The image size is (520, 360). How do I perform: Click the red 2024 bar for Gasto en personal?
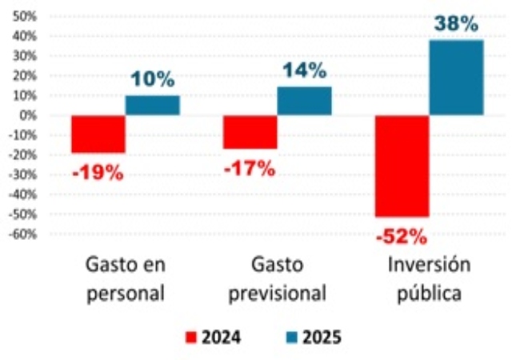pos(98,134)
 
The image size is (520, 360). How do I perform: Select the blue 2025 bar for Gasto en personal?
pos(152,105)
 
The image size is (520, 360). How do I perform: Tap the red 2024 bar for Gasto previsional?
pos(250,132)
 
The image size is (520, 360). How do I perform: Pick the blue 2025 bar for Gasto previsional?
pos(304,101)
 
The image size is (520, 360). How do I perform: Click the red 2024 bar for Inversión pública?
pos(402,166)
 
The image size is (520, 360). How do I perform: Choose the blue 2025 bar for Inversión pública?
pos(456,77)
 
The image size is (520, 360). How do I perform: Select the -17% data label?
pos(250,168)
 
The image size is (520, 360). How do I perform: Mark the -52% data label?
pos(404,236)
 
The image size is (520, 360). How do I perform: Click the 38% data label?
pos(458,24)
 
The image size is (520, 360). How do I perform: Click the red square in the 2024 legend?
pos(190,337)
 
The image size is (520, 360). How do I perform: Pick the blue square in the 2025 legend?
pos(288,337)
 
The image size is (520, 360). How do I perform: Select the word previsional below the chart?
pos(278,293)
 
